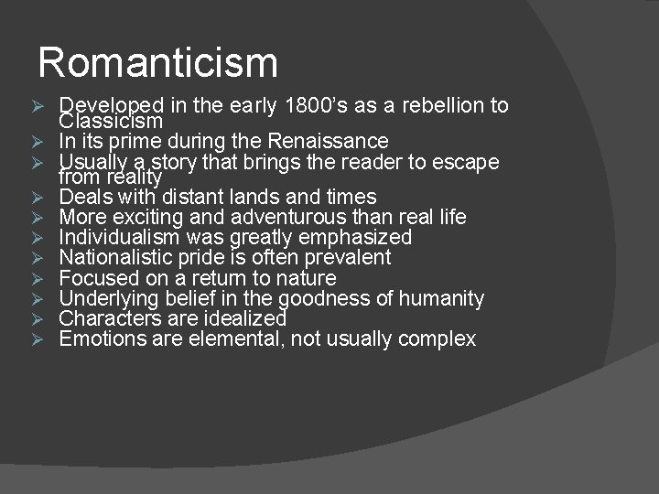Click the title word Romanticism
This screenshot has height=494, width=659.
tap(157, 63)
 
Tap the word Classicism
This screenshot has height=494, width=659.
tap(111, 121)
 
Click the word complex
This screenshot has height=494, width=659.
tap(440, 339)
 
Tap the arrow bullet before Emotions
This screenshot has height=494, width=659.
tap(38, 339)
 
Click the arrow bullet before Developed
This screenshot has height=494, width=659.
tap(38, 105)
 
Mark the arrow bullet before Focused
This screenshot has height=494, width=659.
tap(38, 278)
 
